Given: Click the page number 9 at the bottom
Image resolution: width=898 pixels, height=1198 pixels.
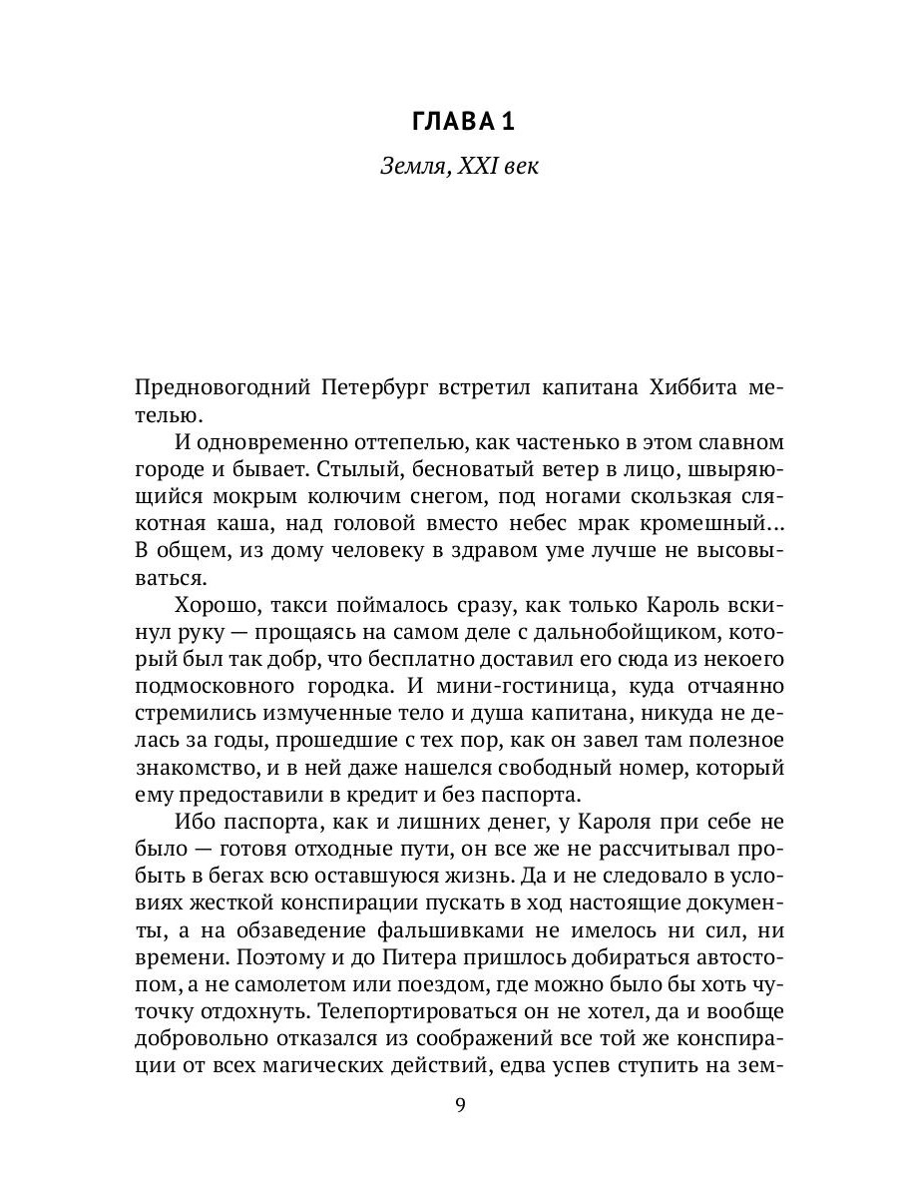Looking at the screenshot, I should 459,1104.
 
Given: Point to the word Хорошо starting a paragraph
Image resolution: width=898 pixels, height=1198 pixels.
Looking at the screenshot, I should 220,605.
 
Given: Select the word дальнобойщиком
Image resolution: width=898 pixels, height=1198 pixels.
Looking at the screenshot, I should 616,632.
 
